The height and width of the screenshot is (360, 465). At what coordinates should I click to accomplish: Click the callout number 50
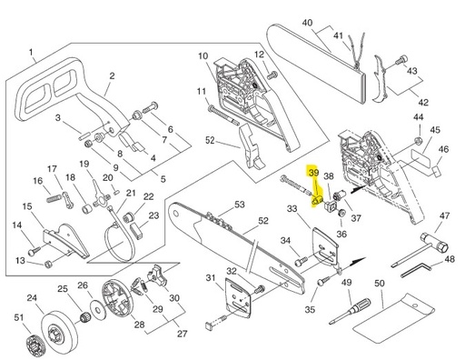380,285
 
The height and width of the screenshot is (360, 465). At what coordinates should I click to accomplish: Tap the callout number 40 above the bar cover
307,23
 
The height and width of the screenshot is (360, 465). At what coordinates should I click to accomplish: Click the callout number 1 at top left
31,53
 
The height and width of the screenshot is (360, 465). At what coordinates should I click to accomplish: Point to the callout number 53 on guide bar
240,205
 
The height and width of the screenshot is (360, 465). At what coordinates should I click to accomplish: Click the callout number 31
211,277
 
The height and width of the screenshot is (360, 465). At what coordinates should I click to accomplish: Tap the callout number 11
201,91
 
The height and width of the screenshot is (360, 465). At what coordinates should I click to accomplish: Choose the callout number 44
418,117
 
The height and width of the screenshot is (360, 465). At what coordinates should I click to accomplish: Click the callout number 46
444,149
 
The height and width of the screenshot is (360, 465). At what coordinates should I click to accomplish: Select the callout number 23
153,215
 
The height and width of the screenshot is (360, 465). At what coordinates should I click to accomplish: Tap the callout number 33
292,209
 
